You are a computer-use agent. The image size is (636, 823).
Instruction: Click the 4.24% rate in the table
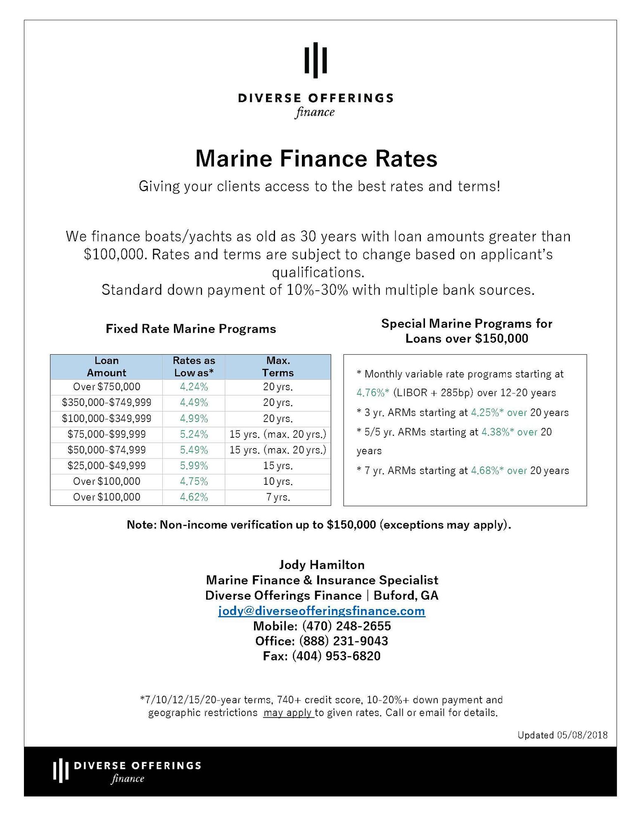coord(194,387)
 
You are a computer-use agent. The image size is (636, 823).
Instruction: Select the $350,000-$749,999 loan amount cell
coord(107,403)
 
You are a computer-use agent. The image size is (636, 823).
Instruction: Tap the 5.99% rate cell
coord(194,466)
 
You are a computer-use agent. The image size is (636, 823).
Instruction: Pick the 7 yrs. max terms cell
coord(278,497)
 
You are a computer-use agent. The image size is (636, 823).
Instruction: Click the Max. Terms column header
coord(278,367)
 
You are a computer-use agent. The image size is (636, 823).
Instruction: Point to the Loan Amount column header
coord(107,367)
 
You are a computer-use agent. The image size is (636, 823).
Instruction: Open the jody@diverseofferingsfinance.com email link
coord(321,611)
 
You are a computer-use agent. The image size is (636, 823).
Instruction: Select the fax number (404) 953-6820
coord(336,656)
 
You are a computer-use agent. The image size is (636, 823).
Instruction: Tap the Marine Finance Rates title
coord(316,159)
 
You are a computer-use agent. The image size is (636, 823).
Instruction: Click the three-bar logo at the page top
coord(316,60)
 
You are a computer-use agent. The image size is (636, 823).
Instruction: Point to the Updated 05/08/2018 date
coord(562,735)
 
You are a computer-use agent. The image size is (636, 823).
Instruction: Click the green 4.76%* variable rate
coord(373,393)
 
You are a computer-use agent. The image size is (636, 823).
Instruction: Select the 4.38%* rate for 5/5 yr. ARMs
coord(498,432)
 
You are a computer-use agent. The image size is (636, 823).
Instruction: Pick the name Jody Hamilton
coord(322,565)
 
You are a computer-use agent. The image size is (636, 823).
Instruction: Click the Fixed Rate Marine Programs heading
coord(191,329)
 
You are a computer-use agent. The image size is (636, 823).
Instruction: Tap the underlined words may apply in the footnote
coord(288,713)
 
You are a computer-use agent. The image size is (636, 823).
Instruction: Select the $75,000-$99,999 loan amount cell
coord(107,434)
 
